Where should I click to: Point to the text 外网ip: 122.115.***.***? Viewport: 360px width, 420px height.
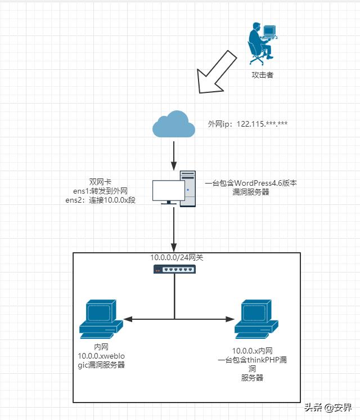[248, 123]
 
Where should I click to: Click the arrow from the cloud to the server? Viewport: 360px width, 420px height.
[174, 154]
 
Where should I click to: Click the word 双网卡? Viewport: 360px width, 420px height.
[100, 182]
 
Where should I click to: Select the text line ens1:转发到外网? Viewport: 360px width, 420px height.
[100, 191]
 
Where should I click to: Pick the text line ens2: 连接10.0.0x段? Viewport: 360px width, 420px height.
[101, 200]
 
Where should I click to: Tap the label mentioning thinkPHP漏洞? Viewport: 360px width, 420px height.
[252, 360]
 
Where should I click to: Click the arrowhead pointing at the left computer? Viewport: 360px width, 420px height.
[127, 319]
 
